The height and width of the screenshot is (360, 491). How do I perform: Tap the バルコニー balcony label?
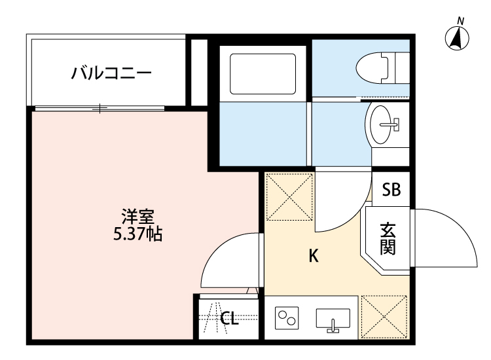point(111,72)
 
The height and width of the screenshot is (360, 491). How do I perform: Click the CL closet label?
point(228,319)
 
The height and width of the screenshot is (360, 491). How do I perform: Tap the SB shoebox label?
point(391,190)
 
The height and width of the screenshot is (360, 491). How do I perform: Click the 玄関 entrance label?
point(388,239)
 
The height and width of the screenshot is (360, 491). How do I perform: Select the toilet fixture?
point(376,66)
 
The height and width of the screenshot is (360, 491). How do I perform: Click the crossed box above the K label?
point(289,196)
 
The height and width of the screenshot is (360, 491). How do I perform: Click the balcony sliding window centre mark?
point(100,108)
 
